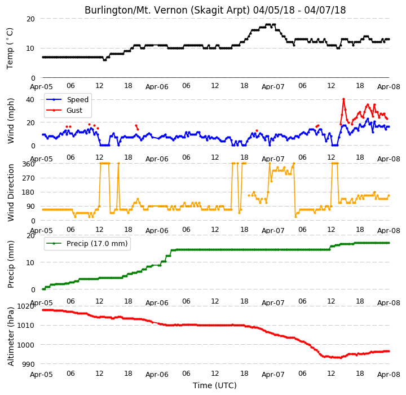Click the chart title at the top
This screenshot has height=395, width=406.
pyautogui.click(x=215, y=10)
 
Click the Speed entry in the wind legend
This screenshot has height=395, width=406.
pyautogui.click(x=77, y=99)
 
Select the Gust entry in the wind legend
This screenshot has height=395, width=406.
pyautogui.click(x=74, y=111)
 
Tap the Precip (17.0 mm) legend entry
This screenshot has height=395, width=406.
pyautogui.click(x=97, y=244)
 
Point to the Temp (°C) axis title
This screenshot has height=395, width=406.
pyautogui.click(x=10, y=49)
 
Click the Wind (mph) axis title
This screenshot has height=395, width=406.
pyautogui.click(x=11, y=121)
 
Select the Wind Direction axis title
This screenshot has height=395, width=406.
pyautogui.click(x=11, y=192)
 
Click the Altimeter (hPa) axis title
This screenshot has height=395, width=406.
pyautogui.click(x=11, y=336)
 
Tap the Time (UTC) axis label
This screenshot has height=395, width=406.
pyautogui.click(x=215, y=385)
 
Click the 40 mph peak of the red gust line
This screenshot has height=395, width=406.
pyautogui.click(x=343, y=99)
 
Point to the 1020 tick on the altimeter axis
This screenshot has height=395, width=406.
pyautogui.click(x=25, y=306)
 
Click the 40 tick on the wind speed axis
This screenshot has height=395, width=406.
pyautogui.click(x=30, y=99)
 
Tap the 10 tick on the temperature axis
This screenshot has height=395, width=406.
pyautogui.click(x=30, y=48)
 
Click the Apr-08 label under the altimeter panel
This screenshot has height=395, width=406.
pyautogui.click(x=389, y=375)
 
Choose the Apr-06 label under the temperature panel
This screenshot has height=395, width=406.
pyautogui.click(x=157, y=87)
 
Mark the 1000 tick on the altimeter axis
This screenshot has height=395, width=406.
pyautogui.click(x=25, y=345)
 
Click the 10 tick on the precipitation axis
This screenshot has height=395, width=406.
pyautogui.click(x=30, y=263)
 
